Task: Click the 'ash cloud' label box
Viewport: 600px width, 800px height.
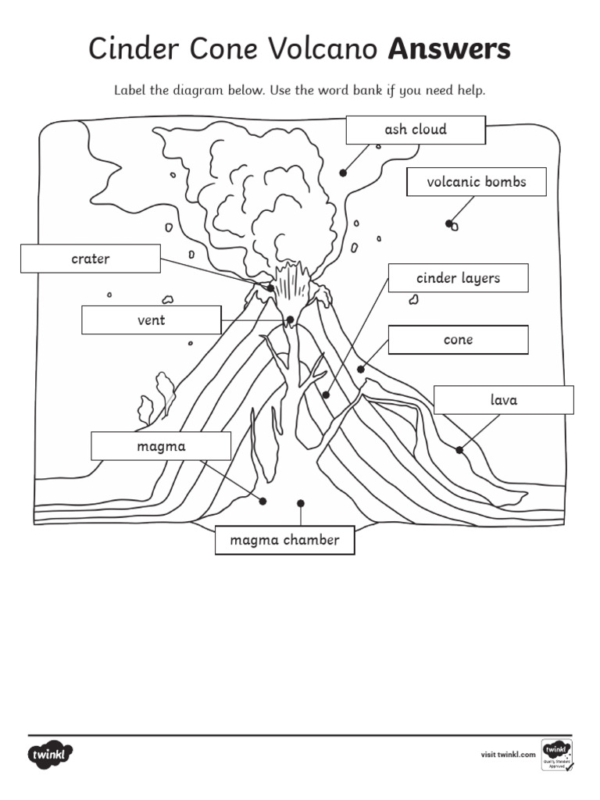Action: pyautogui.click(x=416, y=130)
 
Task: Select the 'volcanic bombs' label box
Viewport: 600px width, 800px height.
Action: pyautogui.click(x=476, y=182)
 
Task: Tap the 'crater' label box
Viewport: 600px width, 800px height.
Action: pyautogui.click(x=91, y=259)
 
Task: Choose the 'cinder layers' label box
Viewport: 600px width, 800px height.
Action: pyautogui.click(x=458, y=278)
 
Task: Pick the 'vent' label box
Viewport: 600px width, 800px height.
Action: pyautogui.click(x=151, y=320)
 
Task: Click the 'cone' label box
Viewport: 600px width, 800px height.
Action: pyautogui.click(x=458, y=340)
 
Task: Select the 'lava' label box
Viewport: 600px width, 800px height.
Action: pyautogui.click(x=503, y=400)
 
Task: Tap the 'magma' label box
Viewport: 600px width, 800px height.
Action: pyautogui.click(x=161, y=446)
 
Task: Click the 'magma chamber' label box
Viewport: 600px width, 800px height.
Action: pyautogui.click(x=284, y=540)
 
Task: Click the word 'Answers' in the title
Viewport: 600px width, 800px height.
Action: pyautogui.click(x=449, y=49)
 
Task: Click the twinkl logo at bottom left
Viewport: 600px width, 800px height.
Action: pyautogui.click(x=51, y=755)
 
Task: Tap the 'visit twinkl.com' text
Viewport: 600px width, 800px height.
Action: pyautogui.click(x=508, y=755)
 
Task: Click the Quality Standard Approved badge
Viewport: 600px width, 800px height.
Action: pyautogui.click(x=557, y=754)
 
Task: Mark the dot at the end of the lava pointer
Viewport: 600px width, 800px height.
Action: pyautogui.click(x=459, y=450)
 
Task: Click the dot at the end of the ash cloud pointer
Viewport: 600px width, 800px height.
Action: pyautogui.click(x=342, y=173)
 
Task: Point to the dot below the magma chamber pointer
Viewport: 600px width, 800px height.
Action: pyautogui.click(x=301, y=503)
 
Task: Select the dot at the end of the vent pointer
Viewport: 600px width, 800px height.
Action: pyautogui.click(x=291, y=320)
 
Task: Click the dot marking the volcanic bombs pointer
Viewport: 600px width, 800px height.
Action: pyautogui.click(x=449, y=223)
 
